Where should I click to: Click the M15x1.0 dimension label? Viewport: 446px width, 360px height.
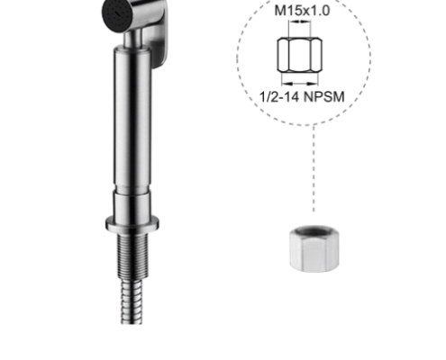tap(302, 11)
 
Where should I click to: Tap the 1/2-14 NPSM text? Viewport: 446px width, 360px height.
tap(302, 97)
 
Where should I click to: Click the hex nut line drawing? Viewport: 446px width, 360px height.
tap(300, 55)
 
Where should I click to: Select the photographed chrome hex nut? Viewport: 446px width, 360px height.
tap(314, 248)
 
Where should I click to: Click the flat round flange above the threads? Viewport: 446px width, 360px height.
tap(132, 223)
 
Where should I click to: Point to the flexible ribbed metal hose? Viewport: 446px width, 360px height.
tap(132, 301)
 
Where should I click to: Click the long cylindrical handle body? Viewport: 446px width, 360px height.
tap(132, 117)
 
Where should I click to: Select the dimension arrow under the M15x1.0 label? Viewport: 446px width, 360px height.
tap(299, 22)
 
